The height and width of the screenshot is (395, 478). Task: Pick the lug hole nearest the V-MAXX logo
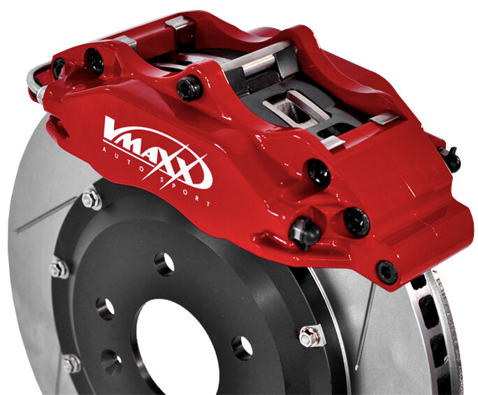(x=165, y=264)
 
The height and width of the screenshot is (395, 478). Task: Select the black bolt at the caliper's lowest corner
(x=386, y=271)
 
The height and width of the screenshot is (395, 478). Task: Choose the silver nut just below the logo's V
(x=90, y=201)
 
